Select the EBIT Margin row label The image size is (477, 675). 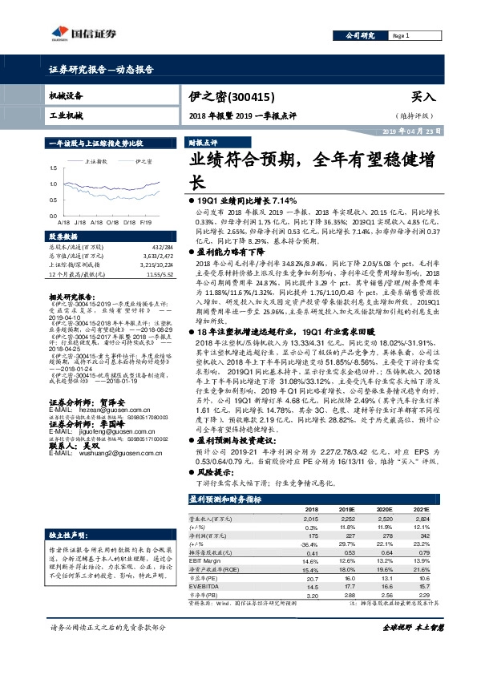coord(206,561)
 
